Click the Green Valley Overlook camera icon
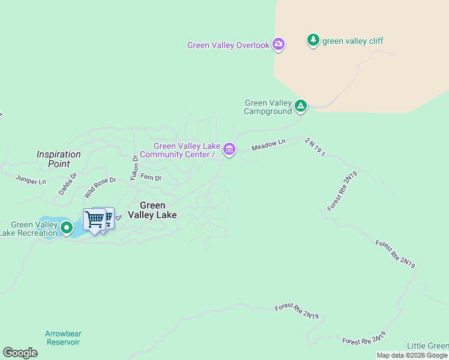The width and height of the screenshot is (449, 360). (x=279, y=44)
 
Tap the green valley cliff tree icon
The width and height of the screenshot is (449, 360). (x=313, y=40)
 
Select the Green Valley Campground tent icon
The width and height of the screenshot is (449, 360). (x=301, y=107)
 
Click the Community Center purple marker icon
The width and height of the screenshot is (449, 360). (x=229, y=149)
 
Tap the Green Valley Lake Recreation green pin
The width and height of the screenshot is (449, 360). (x=66, y=228)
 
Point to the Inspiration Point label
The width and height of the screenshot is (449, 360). (x=58, y=159)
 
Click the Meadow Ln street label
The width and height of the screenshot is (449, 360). (x=268, y=145)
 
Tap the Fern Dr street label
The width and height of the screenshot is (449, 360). (x=151, y=177)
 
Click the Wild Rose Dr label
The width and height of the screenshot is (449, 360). (x=100, y=187)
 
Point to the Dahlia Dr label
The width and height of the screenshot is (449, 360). (x=68, y=184)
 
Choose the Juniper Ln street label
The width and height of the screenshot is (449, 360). (x=31, y=179)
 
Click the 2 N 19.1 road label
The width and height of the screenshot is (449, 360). (x=315, y=147)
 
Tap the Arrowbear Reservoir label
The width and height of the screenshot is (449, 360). (x=62, y=338)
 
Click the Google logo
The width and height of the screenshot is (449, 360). (x=20, y=353)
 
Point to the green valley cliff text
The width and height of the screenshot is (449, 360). (x=352, y=41)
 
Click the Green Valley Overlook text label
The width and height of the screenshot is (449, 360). (x=228, y=45)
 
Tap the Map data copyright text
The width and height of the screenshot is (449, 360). (x=412, y=355)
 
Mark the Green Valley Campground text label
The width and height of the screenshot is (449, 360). (x=268, y=107)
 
